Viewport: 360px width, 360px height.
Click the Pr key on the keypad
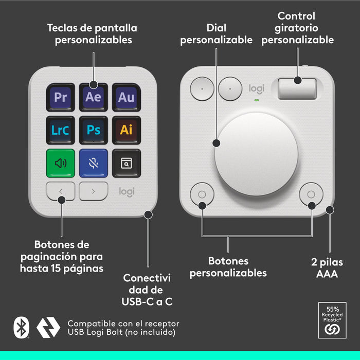(x=61, y=97)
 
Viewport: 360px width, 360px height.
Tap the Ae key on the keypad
(x=94, y=97)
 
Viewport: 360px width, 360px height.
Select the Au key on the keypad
(x=126, y=97)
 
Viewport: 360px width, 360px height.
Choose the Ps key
(x=94, y=130)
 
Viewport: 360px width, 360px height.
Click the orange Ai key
(x=126, y=130)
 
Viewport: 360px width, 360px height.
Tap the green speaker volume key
(x=61, y=163)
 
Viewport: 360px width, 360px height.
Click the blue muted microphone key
(x=94, y=163)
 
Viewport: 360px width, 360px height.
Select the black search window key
(x=126, y=163)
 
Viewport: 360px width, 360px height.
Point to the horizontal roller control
(x=298, y=88)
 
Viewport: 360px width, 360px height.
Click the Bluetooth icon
(x=21, y=328)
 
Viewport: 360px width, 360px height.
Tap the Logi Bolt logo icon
(x=48, y=328)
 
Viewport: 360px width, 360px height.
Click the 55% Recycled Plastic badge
(x=332, y=321)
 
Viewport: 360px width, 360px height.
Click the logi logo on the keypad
(x=127, y=191)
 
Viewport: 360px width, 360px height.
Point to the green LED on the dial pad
(x=256, y=100)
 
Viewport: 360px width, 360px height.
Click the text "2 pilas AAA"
(x=327, y=268)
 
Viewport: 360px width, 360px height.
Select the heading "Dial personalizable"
(x=216, y=33)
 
